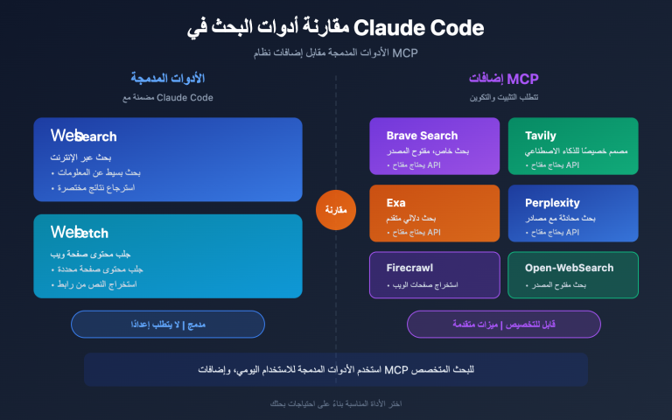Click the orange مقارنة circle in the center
point(336,210)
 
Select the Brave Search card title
point(422,136)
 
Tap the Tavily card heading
point(540,136)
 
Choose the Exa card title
point(396,203)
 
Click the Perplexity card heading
point(552,203)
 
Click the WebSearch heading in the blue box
point(83,136)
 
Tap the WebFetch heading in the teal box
point(80,232)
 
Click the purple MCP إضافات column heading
point(505,79)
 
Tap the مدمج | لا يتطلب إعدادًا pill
point(167,324)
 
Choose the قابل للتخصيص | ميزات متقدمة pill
point(504,324)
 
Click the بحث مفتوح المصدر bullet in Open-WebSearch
point(556,285)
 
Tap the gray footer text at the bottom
point(336,403)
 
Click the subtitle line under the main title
point(336,52)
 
